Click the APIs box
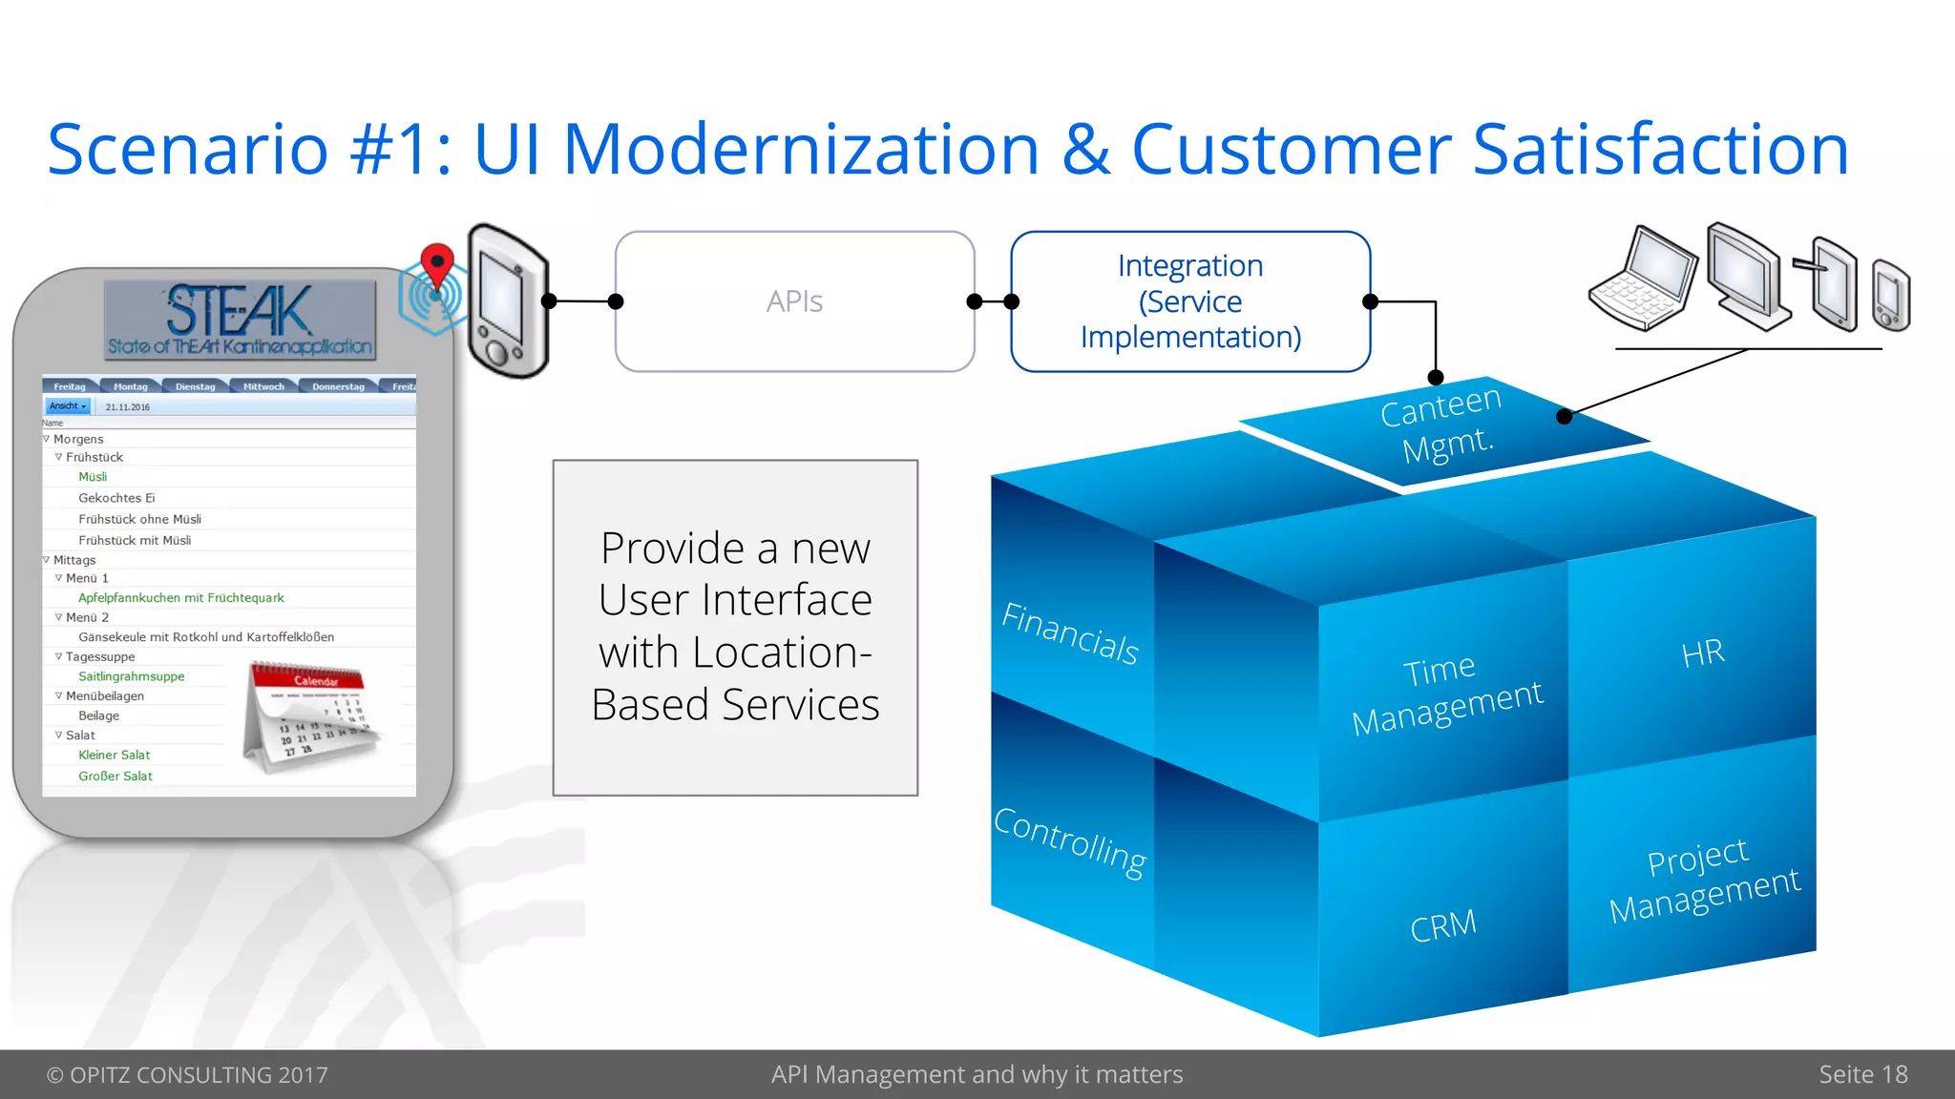pyautogui.click(x=794, y=301)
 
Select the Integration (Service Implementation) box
pyautogui.click(x=1189, y=301)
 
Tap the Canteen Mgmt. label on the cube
pyautogui.click(x=1441, y=425)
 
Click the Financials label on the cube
pyautogui.click(x=1070, y=633)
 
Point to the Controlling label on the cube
pyautogui.click(x=1070, y=841)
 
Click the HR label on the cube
pyautogui.click(x=1702, y=654)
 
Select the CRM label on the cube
pyautogui.click(x=1442, y=925)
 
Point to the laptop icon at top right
pyautogui.click(x=1643, y=280)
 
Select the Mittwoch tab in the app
pyautogui.click(x=263, y=386)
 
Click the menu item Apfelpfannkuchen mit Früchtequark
pyautogui.click(x=181, y=598)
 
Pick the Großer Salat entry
pyautogui.click(x=116, y=777)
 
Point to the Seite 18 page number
pyautogui.click(x=1862, y=1074)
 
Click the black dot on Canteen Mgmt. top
pyautogui.click(x=1564, y=416)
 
